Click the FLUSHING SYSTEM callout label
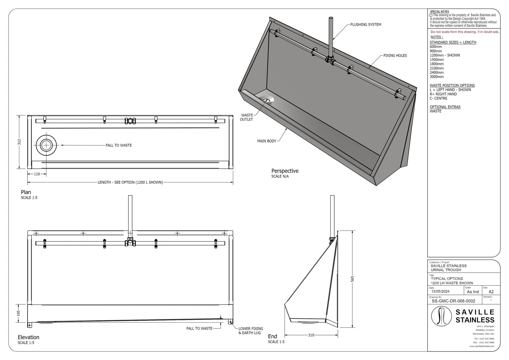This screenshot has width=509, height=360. [x=366, y=25]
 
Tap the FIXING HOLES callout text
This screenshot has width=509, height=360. [x=395, y=56]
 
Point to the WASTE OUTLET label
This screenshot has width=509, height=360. [x=247, y=117]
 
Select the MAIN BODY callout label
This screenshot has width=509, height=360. [x=267, y=141]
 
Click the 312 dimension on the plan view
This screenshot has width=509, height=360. [x=20, y=142]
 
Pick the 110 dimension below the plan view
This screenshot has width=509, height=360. [x=37, y=174]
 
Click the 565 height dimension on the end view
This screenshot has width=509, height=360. [x=353, y=279]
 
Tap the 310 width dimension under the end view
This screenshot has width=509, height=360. [x=311, y=335]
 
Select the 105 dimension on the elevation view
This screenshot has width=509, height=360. [x=19, y=313]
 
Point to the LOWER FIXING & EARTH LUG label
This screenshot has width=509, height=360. [x=250, y=331]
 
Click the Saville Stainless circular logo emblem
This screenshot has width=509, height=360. [x=442, y=316]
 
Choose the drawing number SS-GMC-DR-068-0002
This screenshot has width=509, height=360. [x=453, y=301]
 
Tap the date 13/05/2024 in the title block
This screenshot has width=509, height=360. [x=440, y=291]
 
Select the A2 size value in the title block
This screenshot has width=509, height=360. [x=491, y=292]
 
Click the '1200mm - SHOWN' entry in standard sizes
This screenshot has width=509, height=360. [x=445, y=55]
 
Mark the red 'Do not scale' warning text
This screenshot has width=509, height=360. [x=465, y=32]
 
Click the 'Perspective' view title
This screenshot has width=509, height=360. [x=285, y=171]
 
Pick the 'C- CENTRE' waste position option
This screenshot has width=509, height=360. [x=438, y=98]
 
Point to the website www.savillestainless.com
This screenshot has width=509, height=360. [x=482, y=346]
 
